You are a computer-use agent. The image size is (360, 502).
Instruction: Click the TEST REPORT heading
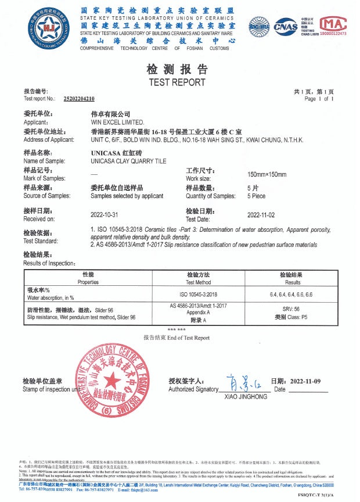point(177,82)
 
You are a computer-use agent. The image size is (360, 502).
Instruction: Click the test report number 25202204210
point(78,99)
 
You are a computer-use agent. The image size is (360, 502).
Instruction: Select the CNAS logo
point(285,26)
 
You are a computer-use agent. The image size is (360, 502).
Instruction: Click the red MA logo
point(333,24)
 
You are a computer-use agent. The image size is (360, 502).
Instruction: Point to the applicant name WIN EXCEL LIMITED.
point(117,123)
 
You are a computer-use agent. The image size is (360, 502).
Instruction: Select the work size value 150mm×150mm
point(267,174)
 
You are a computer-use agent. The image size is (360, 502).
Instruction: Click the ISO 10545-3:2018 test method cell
point(199,295)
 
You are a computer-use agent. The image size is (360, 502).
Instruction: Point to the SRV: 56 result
point(291,309)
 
